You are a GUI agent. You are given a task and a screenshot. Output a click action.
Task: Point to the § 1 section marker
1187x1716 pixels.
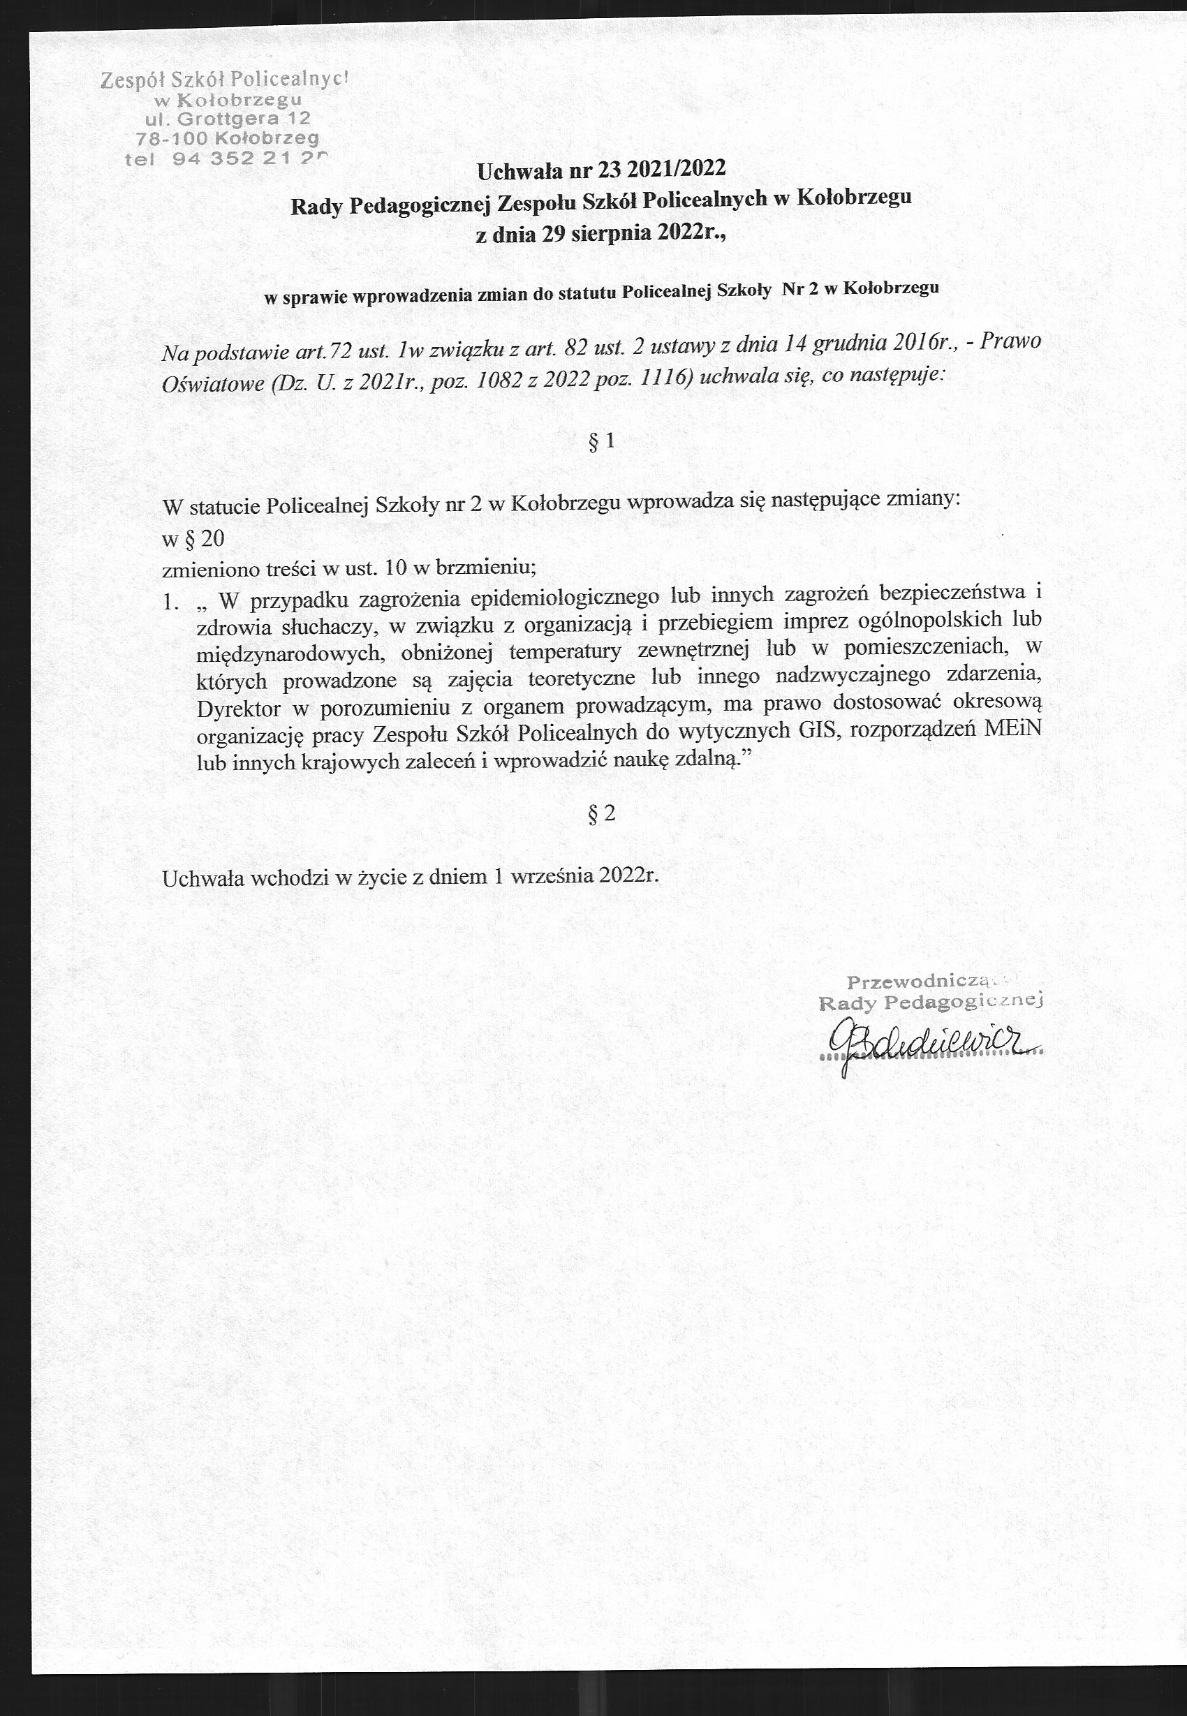(601, 442)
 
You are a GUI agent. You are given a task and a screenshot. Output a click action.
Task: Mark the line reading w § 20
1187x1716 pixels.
(193, 538)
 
